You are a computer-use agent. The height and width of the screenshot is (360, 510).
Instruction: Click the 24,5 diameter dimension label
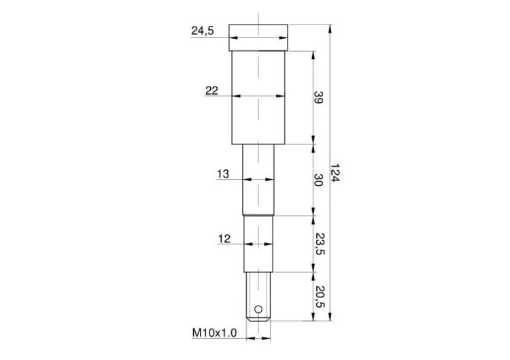[203, 31]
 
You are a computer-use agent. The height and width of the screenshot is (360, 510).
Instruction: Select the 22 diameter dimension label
[211, 91]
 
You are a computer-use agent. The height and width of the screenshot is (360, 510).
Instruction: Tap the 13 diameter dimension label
[223, 174]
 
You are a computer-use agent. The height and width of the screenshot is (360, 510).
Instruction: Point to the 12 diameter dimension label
[224, 239]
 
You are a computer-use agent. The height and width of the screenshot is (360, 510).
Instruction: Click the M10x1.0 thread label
[215, 333]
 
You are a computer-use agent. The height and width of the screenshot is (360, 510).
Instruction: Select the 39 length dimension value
[318, 97]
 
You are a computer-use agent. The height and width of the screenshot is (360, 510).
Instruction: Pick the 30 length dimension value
[318, 180]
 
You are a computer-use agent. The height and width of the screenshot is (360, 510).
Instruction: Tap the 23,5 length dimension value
[320, 244]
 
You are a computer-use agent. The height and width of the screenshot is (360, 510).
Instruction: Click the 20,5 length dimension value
[320, 297]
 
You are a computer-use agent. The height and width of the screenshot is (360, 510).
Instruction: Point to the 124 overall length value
[335, 173]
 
